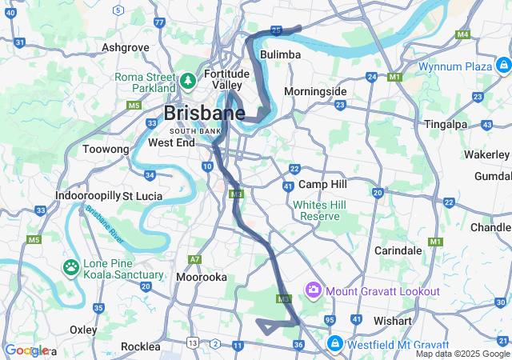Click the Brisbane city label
click(205, 112)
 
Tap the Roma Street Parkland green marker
click(187, 81)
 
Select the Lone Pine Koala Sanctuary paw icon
click(71, 266)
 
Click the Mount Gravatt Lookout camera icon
click(313, 289)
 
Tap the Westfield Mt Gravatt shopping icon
click(334, 344)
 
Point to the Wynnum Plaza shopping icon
click(502, 66)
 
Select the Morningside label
click(315, 91)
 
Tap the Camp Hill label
click(322, 184)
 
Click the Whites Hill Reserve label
click(319, 210)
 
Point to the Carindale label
click(398, 250)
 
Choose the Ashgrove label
click(126, 47)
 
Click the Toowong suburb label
click(106, 149)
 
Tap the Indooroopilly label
click(87, 195)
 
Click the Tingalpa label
click(447, 124)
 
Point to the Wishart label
click(392, 321)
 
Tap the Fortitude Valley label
click(227, 79)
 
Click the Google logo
click(26, 350)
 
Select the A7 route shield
click(194, 259)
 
